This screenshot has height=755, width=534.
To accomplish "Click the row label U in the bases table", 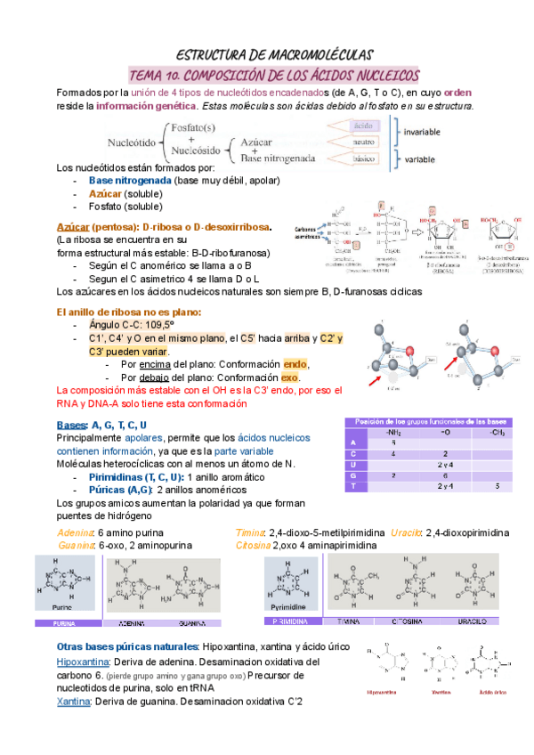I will [354, 465].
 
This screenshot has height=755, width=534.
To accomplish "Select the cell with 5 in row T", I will [498, 486].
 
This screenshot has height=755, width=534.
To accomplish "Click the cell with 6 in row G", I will [445, 475].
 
